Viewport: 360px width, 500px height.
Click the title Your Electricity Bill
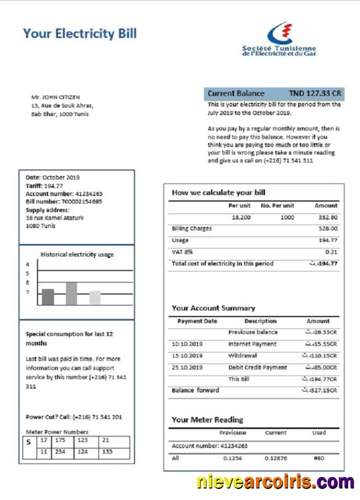tap(79, 34)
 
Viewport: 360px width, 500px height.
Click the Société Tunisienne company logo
tap(280, 39)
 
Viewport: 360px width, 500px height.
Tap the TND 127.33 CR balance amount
tap(315, 94)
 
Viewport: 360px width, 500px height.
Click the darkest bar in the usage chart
tap(48, 296)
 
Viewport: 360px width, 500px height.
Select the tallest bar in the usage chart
tap(71, 293)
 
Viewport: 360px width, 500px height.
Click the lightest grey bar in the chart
tap(95, 297)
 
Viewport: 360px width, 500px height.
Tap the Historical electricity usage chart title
tap(77, 254)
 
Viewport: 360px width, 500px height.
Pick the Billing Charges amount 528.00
tap(328, 229)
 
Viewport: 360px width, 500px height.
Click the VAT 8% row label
tap(182, 252)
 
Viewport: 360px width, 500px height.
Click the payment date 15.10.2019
tap(187, 356)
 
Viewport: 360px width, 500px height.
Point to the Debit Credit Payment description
tap(258, 367)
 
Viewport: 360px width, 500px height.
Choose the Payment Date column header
tap(197, 321)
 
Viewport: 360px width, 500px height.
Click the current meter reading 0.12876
tap(275, 458)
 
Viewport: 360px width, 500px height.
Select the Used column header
tap(319, 433)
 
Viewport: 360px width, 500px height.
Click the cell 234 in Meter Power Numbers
tap(61, 451)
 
